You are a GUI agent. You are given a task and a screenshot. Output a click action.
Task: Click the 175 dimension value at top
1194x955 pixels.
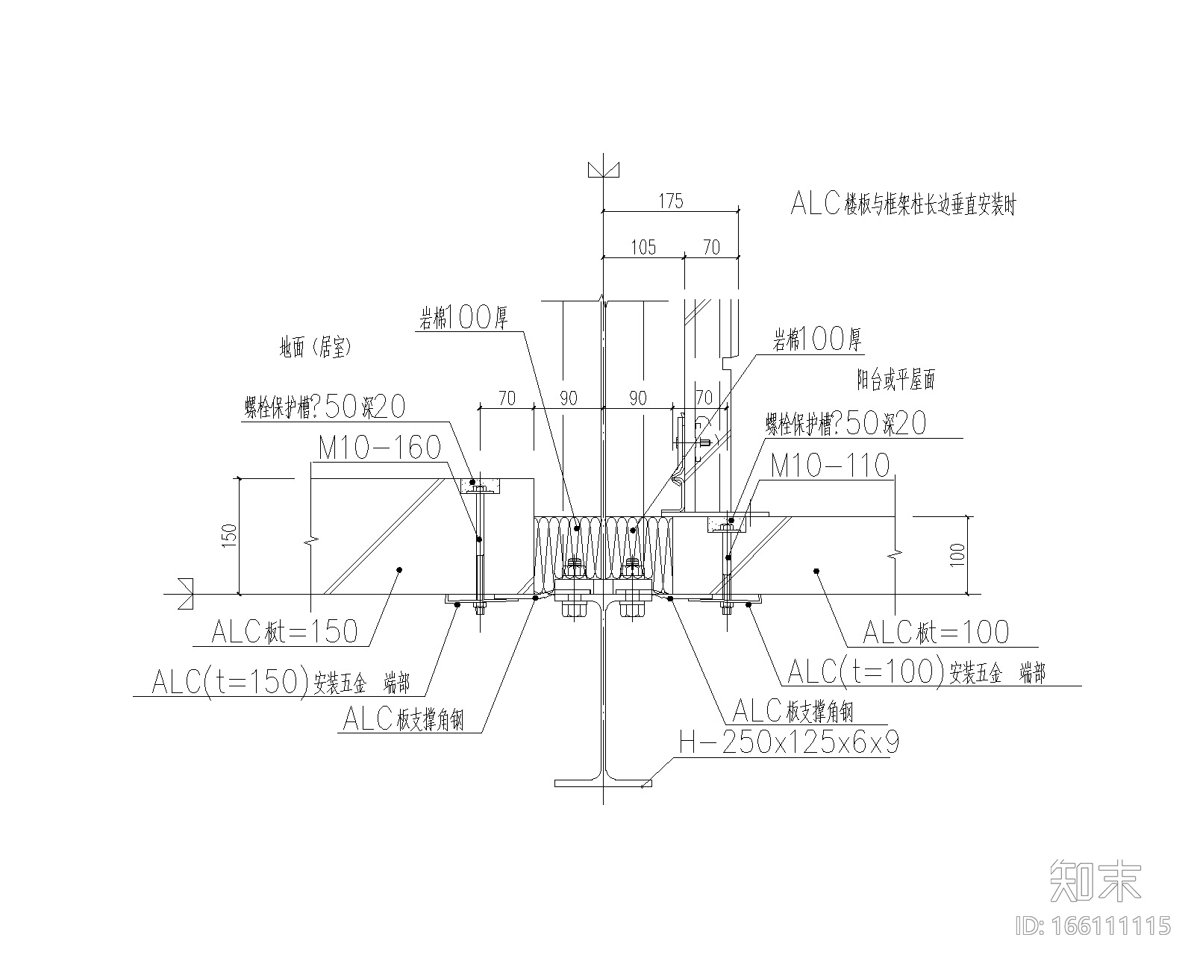click(670, 201)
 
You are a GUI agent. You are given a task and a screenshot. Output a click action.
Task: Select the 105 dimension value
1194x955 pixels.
click(643, 247)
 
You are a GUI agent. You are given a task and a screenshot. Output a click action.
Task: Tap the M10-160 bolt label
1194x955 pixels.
click(380, 448)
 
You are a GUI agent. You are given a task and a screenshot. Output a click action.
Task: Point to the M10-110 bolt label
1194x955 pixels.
click(830, 466)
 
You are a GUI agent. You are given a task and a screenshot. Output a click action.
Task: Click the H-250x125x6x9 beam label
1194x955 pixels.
click(788, 743)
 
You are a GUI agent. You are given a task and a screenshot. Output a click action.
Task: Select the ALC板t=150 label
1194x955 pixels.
click(284, 632)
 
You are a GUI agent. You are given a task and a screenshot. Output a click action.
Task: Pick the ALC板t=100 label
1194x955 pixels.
click(935, 633)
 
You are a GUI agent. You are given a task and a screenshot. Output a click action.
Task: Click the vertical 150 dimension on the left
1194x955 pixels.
click(229, 536)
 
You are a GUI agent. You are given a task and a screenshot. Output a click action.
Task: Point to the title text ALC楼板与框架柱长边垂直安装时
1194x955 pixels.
click(903, 204)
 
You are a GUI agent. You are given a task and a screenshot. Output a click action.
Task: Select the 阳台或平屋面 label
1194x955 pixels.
click(895, 381)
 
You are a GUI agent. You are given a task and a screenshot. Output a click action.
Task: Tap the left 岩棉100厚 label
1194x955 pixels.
click(462, 319)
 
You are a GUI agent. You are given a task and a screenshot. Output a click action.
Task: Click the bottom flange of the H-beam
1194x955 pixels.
click(603, 783)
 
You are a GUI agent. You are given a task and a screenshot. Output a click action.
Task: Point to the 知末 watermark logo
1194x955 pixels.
click(1095, 880)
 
